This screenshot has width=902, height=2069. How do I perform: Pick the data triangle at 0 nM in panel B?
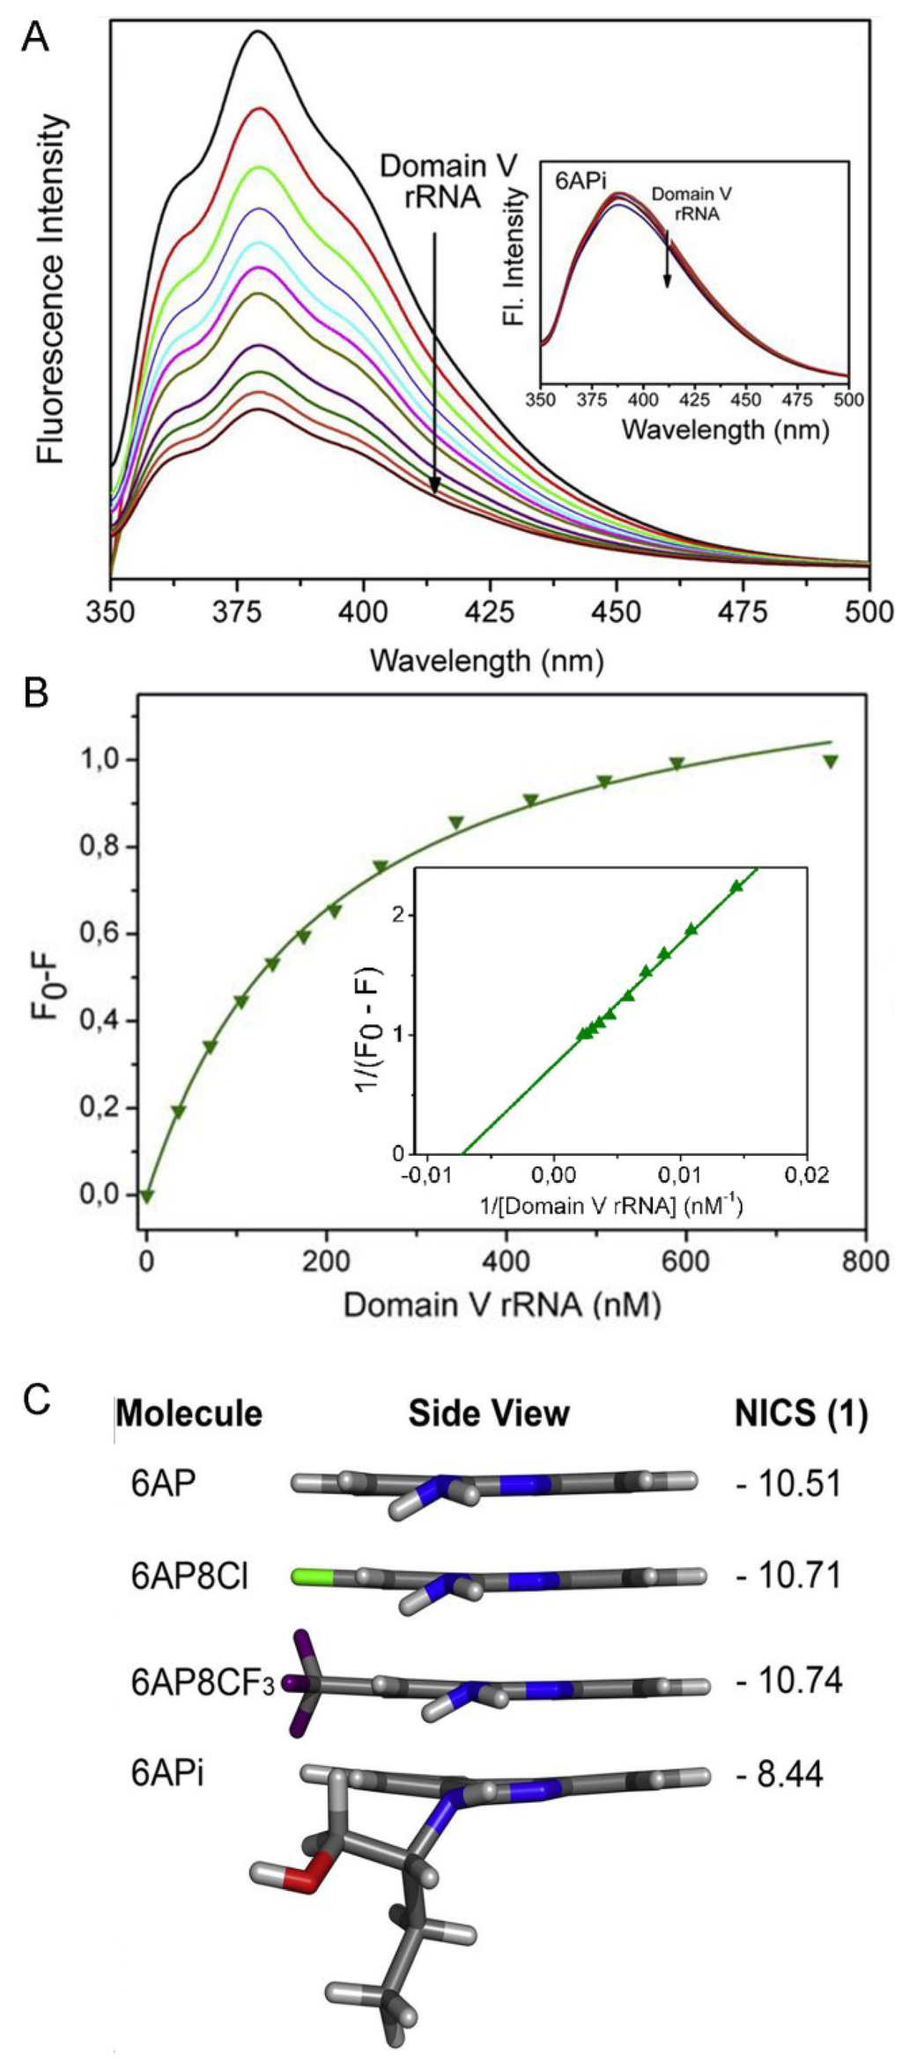pos(147,1195)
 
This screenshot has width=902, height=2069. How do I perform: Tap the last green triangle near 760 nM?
pos(830,761)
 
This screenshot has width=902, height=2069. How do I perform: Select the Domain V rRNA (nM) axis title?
pos(502,1304)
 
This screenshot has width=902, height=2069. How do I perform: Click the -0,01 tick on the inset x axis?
pos(427,1178)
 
